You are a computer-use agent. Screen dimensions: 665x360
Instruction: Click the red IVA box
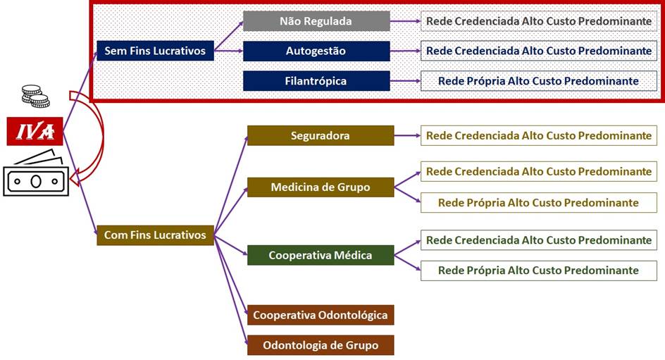pyautogui.click(x=35, y=132)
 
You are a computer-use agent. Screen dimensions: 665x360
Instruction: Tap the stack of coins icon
pyautogui.click(x=36, y=96)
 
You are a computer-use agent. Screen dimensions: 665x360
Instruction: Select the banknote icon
pyautogui.click(x=36, y=174)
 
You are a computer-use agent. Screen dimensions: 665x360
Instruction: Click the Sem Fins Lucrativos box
pyautogui.click(x=155, y=51)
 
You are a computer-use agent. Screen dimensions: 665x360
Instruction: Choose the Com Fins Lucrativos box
pyautogui.click(x=155, y=235)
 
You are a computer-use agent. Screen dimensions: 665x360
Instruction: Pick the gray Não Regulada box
pyautogui.click(x=316, y=21)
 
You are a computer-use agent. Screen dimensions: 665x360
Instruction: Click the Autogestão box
pyautogui.click(x=316, y=51)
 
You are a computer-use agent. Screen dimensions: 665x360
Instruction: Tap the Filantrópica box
pyautogui.click(x=316, y=81)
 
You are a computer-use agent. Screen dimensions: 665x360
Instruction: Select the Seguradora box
pyautogui.click(x=321, y=136)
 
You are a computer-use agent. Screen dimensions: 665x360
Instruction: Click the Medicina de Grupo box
pyautogui.click(x=321, y=187)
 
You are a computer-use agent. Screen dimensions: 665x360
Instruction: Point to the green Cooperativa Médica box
pyautogui.click(x=321, y=255)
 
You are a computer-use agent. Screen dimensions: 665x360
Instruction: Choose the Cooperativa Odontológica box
pyautogui.click(x=321, y=315)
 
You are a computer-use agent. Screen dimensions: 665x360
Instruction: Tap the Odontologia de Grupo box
pyautogui.click(x=321, y=345)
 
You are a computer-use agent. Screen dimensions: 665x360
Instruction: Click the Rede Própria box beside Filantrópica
pyautogui.click(x=539, y=81)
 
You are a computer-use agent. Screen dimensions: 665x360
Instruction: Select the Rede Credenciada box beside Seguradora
pyautogui.click(x=539, y=136)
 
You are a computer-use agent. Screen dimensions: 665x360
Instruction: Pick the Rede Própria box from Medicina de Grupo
pyautogui.click(x=539, y=203)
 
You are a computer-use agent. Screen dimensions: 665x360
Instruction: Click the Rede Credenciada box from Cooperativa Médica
pyautogui.click(x=539, y=240)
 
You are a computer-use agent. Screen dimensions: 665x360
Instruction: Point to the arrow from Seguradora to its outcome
pyautogui.click(x=407, y=136)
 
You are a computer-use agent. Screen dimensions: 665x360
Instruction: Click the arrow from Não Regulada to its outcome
pyautogui.click(x=405, y=20)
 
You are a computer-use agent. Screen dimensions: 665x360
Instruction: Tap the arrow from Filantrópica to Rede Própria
pyautogui.click(x=405, y=80)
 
